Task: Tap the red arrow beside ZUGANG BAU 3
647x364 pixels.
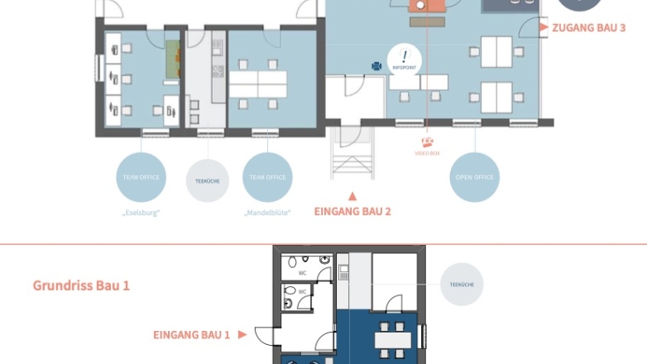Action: point(544,27)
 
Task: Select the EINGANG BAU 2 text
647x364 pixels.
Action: point(352,211)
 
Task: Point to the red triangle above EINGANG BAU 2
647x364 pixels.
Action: point(352,196)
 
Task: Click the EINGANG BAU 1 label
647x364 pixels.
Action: point(191,335)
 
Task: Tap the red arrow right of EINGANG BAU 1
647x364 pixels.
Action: point(242,335)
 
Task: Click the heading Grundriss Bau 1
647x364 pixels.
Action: point(81,285)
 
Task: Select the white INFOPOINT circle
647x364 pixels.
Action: point(405,58)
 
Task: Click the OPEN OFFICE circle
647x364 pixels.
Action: point(475,177)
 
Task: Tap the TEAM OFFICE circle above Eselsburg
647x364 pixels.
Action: point(141,177)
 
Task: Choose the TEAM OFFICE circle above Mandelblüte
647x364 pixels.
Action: point(267,177)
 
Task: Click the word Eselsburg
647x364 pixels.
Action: point(141,213)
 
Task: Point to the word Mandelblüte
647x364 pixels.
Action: point(267,213)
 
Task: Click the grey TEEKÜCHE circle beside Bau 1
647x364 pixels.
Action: point(461,285)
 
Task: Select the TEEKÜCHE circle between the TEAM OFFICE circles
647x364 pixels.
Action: point(207,180)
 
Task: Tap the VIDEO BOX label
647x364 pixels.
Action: point(428,153)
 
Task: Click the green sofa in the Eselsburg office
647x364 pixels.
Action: point(172,60)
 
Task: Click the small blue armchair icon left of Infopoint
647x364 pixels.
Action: point(376,66)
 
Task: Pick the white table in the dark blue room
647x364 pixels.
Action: point(392,339)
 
